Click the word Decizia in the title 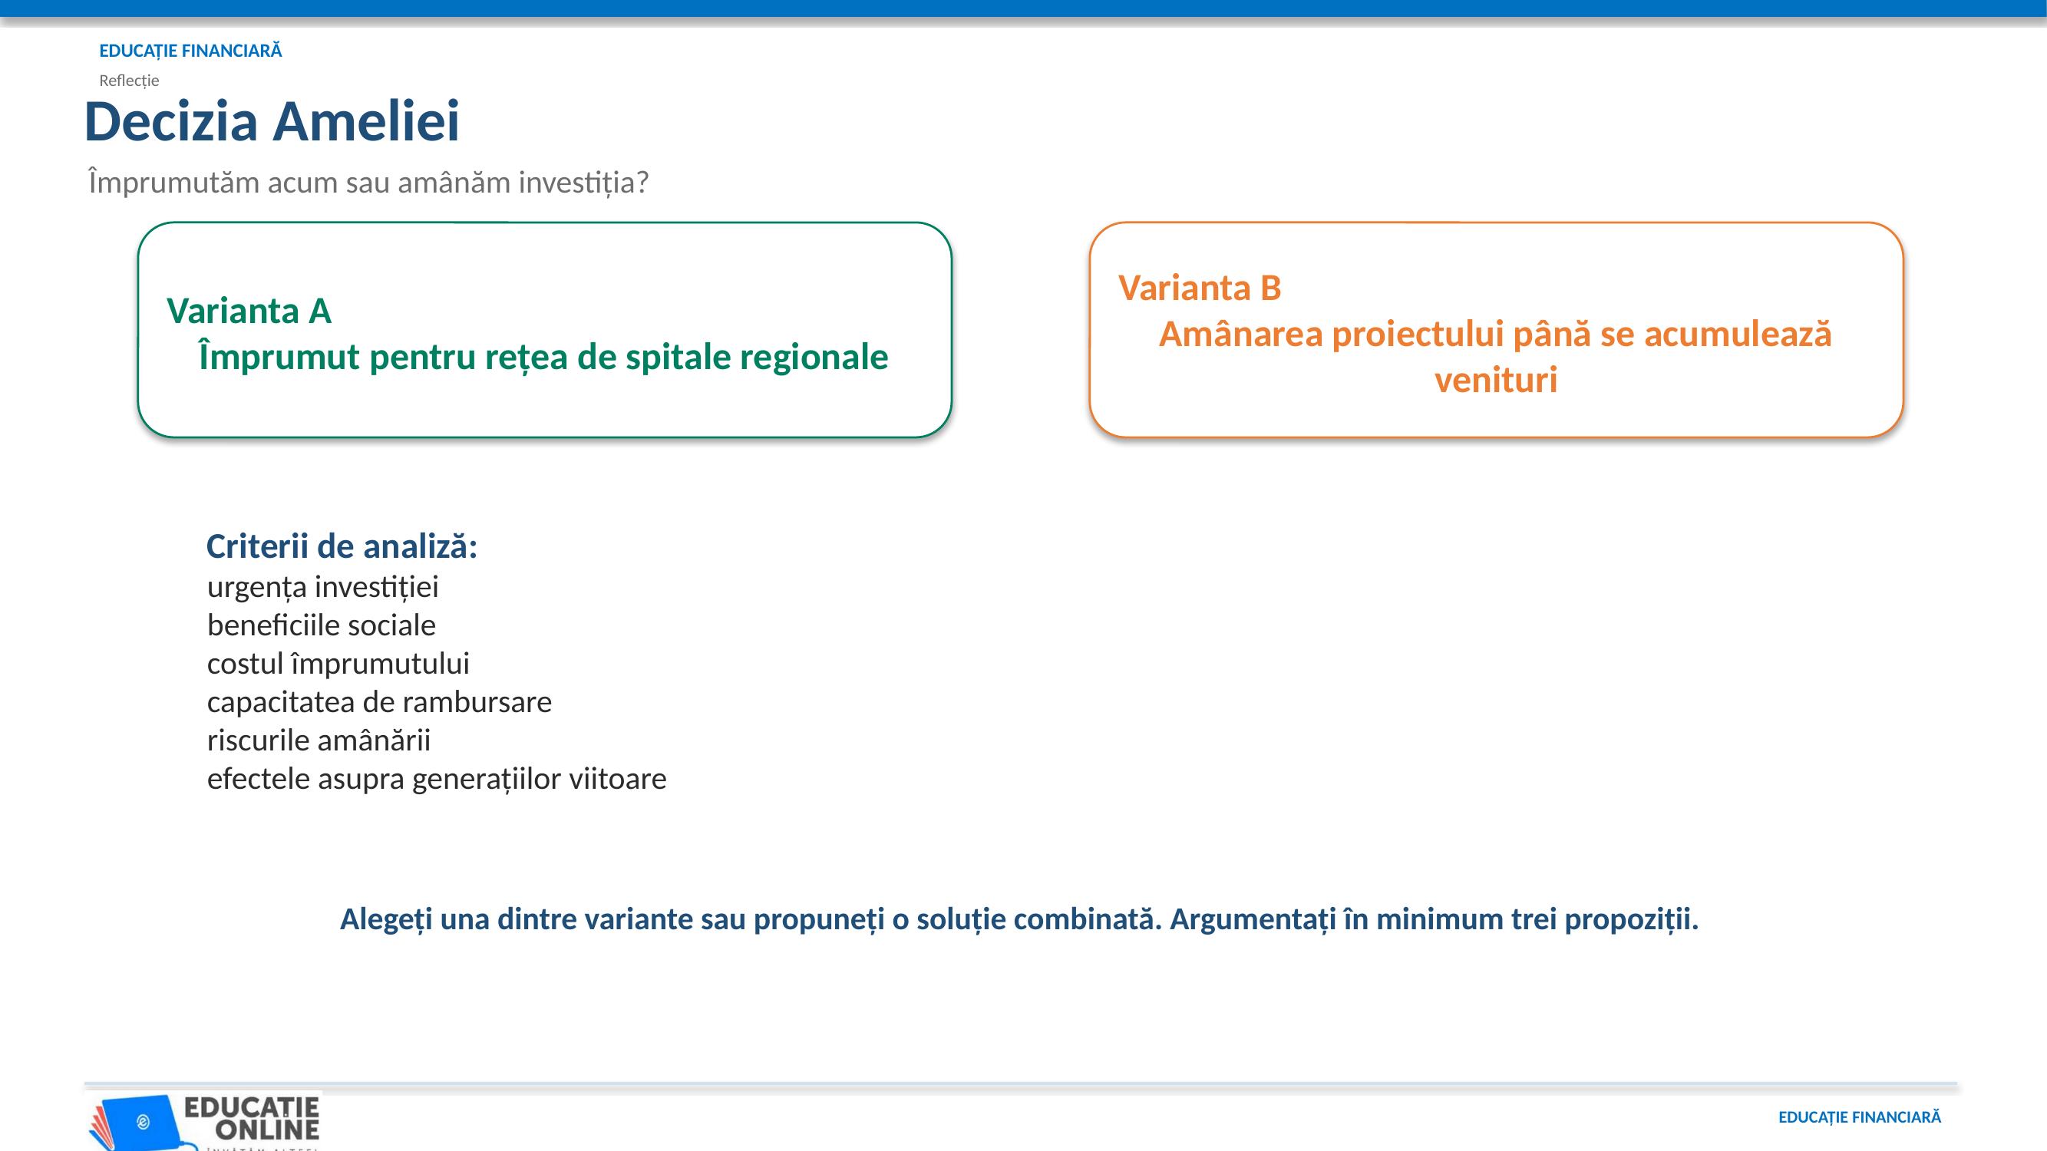171,121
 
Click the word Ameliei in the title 366,121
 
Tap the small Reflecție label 129,81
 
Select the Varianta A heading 249,311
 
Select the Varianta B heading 1200,288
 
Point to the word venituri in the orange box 1495,380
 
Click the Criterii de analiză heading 342,546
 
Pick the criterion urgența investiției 322,587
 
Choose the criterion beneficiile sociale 321,625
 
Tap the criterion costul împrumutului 338,663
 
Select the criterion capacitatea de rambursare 379,701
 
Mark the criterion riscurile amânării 319,740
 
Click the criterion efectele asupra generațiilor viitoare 436,778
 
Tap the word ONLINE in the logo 268,1129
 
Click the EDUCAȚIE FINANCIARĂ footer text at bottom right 1859,1118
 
